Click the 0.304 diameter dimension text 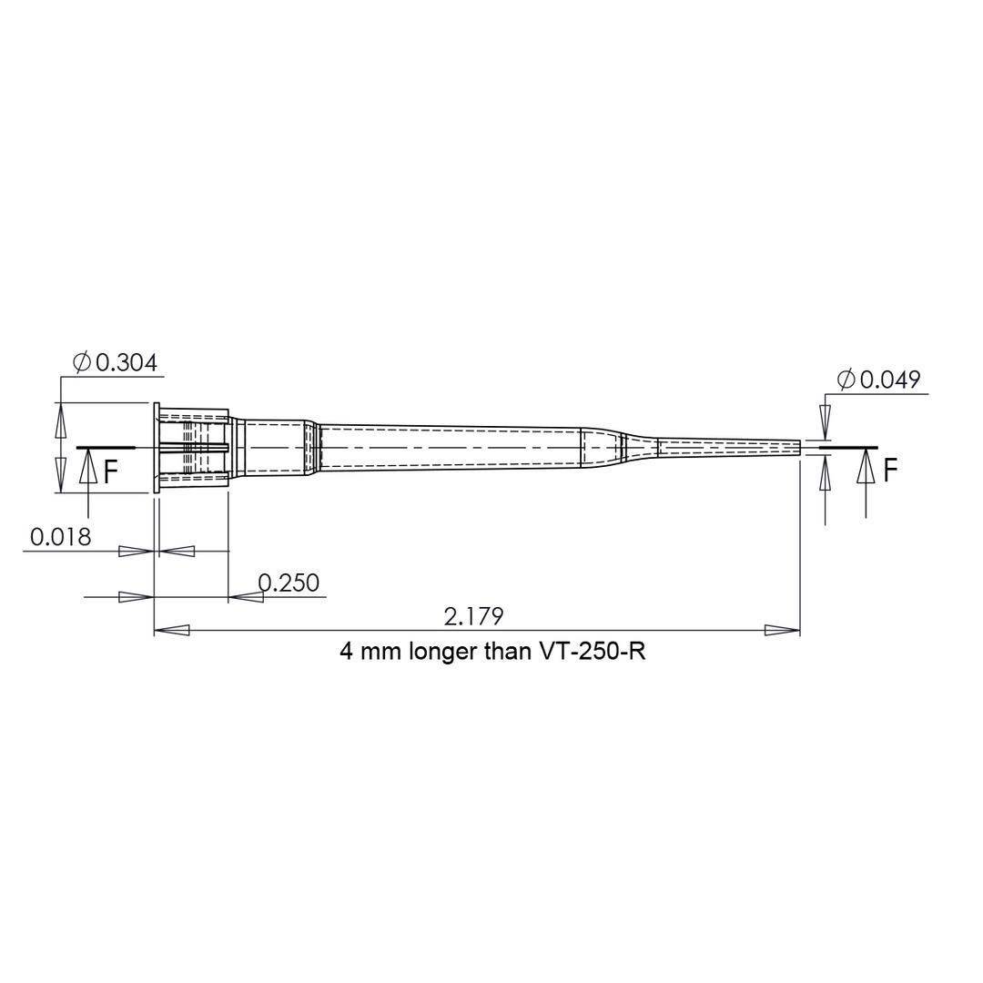pos(126,362)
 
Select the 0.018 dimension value pos(61,537)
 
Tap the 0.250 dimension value pos(289,583)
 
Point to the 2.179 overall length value pos(473,616)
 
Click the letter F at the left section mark pos(110,471)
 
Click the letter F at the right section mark pos(890,470)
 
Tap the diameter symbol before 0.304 pos(82,362)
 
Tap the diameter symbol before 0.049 pos(846,380)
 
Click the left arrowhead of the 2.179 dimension pos(172,630)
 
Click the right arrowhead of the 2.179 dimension pos(782,630)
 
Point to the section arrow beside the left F pos(88,466)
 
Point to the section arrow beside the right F pos(866,466)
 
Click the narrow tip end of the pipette pos(797,448)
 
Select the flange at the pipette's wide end pos(157,448)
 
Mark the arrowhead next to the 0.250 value pos(246,597)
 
